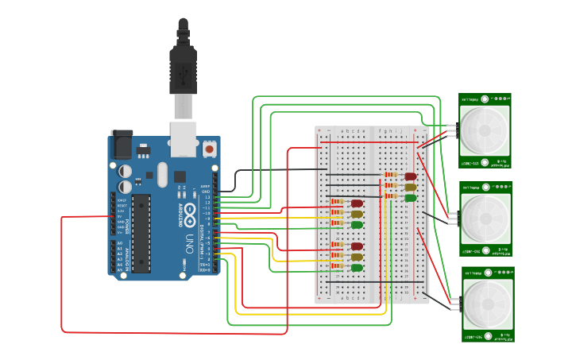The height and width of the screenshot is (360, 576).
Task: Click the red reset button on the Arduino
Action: click(x=209, y=148)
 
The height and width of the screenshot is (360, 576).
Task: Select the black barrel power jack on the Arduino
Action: click(x=122, y=144)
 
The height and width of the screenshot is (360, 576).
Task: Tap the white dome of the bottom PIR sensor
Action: click(x=485, y=301)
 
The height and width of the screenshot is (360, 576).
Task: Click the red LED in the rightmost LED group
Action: click(x=411, y=176)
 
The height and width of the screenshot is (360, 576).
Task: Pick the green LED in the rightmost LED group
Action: click(x=411, y=198)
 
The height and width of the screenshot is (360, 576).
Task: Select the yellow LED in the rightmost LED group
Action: click(x=411, y=188)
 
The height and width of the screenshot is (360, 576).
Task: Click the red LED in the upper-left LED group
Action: click(x=358, y=203)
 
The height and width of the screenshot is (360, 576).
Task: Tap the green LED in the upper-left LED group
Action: click(x=358, y=225)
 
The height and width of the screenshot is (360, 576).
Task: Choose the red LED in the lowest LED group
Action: click(x=358, y=246)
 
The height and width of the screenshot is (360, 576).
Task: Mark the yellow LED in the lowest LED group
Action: click(x=358, y=257)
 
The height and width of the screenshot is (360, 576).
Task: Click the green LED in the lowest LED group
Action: click(x=358, y=268)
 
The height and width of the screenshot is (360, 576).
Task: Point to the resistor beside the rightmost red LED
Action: click(x=391, y=175)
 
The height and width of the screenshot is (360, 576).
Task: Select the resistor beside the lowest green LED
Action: click(x=338, y=267)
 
